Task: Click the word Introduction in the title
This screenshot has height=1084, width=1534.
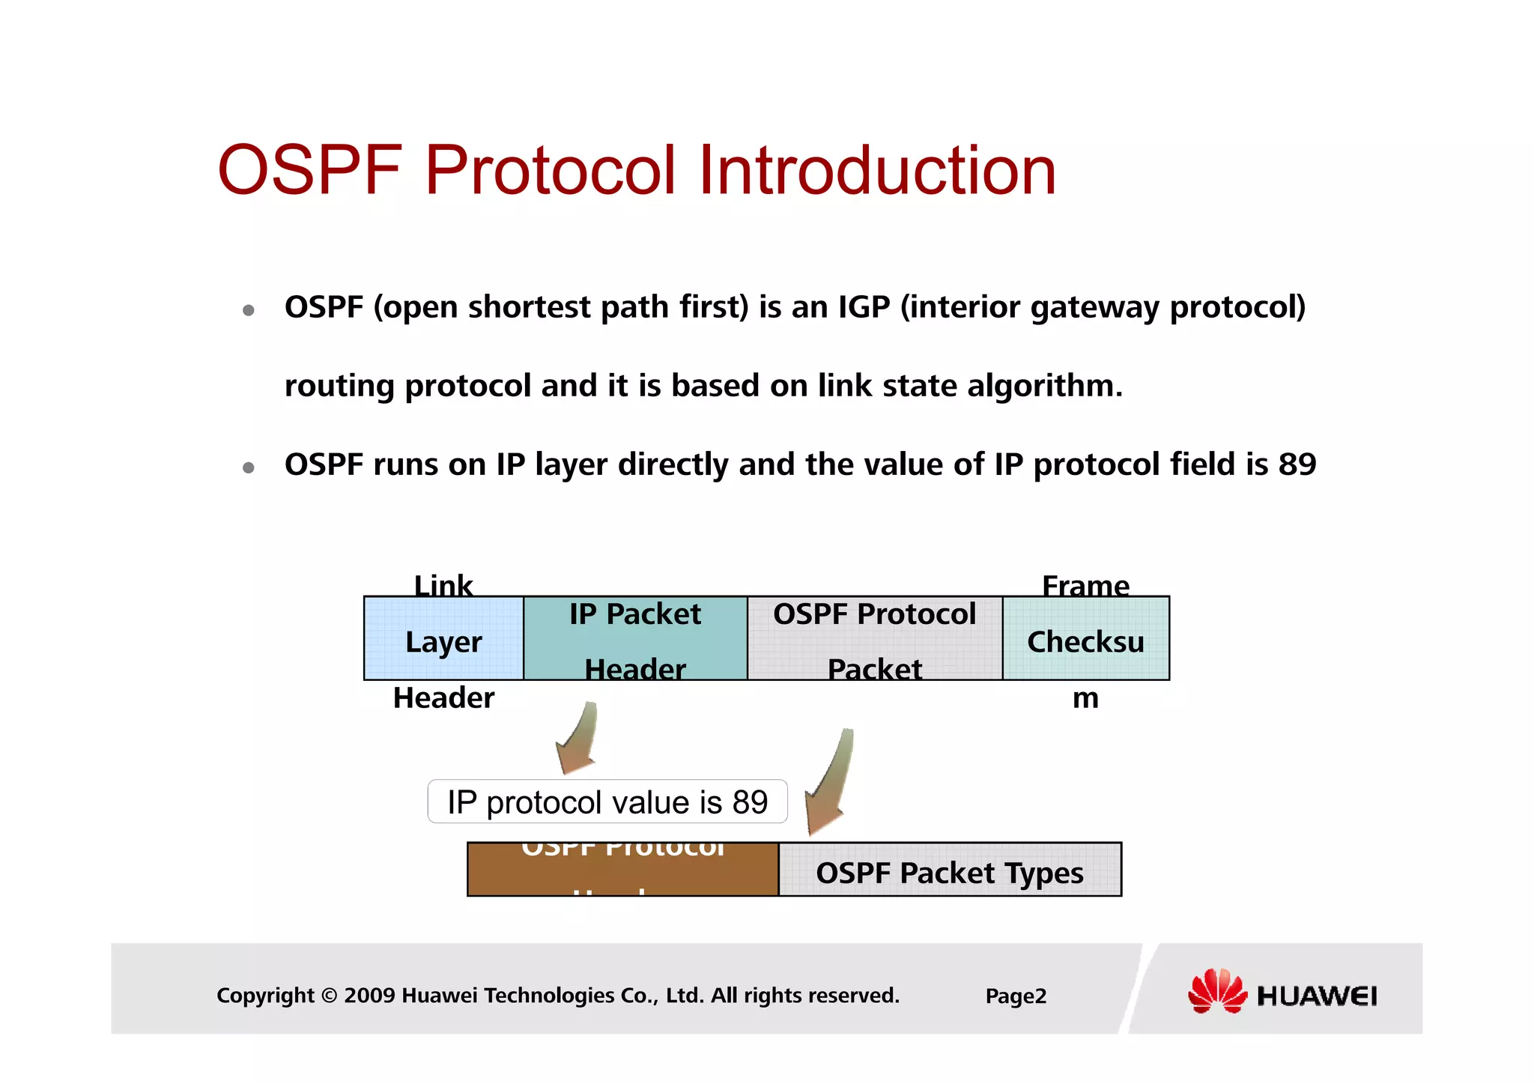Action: (876, 171)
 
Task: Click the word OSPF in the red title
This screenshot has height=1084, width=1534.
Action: (309, 171)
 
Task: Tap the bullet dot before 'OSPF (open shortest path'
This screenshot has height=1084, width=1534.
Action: (249, 310)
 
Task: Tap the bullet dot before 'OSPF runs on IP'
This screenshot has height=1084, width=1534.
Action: (249, 468)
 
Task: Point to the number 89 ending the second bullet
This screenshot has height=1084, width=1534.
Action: (1297, 464)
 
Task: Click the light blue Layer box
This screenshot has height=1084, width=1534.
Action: (443, 639)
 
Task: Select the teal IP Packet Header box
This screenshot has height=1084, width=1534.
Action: (635, 639)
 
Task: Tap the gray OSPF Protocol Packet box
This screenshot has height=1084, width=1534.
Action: (874, 639)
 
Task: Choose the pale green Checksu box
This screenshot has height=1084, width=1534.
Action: (1085, 639)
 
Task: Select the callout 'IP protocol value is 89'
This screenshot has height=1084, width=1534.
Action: (607, 802)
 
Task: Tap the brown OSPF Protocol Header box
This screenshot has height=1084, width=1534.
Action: (622, 870)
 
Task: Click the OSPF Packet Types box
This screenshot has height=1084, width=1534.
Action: (950, 870)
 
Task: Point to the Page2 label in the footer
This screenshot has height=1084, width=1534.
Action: (1016, 996)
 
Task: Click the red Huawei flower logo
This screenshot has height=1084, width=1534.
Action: (1216, 992)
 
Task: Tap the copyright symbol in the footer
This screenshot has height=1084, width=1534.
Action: (328, 996)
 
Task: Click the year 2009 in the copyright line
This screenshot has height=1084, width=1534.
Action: (369, 996)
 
